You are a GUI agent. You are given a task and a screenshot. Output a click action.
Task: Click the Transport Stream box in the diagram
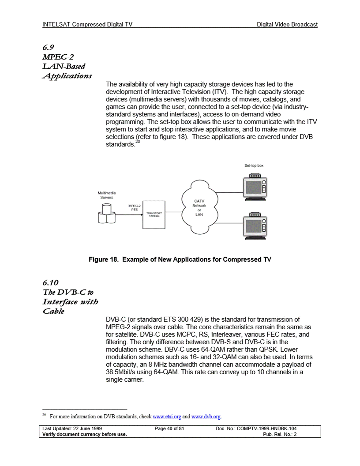tap(154, 215)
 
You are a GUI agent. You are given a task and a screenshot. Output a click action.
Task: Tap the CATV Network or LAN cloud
tap(199, 207)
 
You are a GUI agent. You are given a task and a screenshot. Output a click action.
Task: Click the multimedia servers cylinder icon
tap(106, 215)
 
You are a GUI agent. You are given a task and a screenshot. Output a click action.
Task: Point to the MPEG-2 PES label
tap(134, 207)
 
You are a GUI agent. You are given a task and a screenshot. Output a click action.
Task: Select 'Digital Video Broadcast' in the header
tap(287, 25)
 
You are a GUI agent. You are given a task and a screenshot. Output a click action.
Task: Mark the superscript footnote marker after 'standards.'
tap(138, 142)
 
